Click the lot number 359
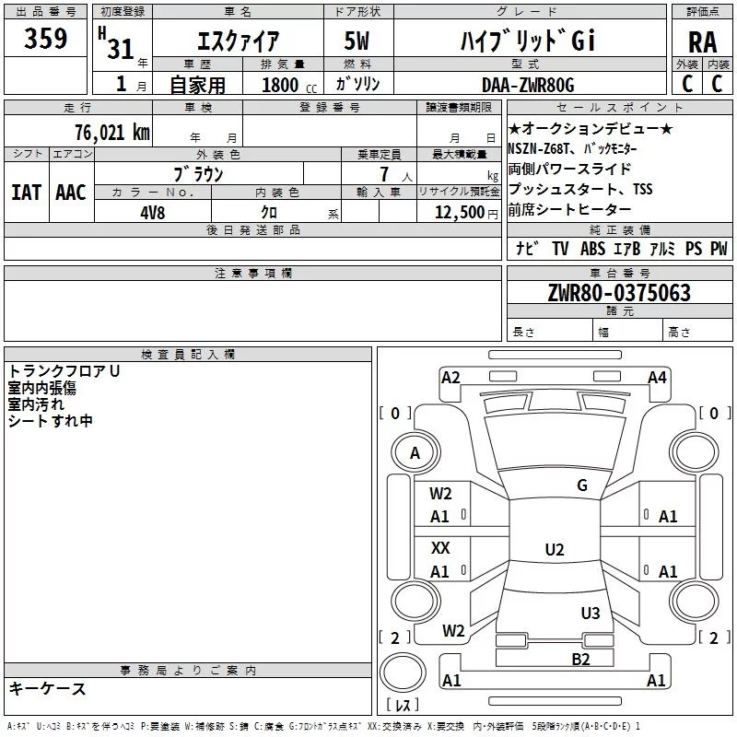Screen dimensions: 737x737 pyautogui.click(x=45, y=40)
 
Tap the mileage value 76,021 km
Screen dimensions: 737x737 pyautogui.click(x=111, y=133)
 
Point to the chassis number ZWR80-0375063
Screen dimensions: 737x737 pyautogui.click(x=618, y=293)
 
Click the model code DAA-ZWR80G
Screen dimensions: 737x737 pyautogui.click(x=528, y=85)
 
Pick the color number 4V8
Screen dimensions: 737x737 pyautogui.click(x=153, y=211)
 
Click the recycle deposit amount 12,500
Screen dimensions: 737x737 pyautogui.click(x=458, y=211)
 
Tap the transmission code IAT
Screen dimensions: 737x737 pyautogui.click(x=26, y=192)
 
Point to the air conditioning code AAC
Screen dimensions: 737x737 pyautogui.click(x=70, y=192)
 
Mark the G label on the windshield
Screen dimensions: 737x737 pyautogui.click(x=582, y=485)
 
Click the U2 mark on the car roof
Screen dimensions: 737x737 pyautogui.click(x=554, y=550)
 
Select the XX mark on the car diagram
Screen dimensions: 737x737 pyautogui.click(x=441, y=547)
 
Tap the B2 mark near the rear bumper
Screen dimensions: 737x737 pyautogui.click(x=580, y=658)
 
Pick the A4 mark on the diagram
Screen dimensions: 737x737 pyautogui.click(x=657, y=377)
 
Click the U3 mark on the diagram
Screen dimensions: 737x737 pyautogui.click(x=591, y=613)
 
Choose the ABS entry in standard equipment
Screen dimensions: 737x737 pyautogui.click(x=592, y=249)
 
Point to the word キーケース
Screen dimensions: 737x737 pyautogui.click(x=48, y=688)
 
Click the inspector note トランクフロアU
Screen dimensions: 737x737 pyautogui.click(x=64, y=371)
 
